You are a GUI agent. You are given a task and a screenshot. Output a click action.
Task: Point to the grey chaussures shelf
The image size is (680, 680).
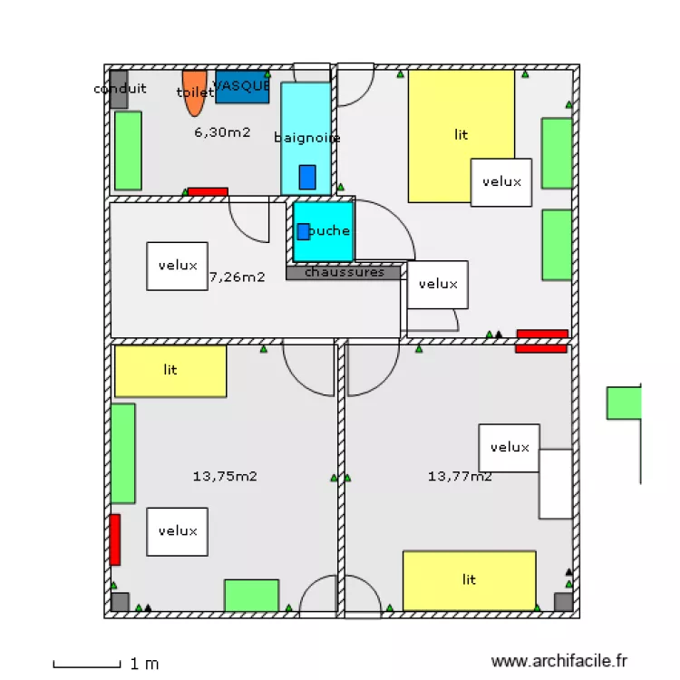[x=343, y=272]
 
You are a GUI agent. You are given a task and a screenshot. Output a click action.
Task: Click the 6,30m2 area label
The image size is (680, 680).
[x=222, y=132]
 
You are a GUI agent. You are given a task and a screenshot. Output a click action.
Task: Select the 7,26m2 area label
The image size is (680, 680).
[x=238, y=277]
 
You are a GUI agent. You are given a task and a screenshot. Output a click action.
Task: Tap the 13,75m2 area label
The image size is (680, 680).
[x=225, y=475]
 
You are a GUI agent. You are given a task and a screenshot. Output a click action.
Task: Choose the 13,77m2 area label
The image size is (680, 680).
[x=460, y=474]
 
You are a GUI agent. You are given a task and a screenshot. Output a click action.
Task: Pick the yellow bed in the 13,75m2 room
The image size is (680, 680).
[x=170, y=371]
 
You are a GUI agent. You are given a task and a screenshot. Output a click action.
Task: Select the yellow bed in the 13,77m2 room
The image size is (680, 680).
[x=469, y=580]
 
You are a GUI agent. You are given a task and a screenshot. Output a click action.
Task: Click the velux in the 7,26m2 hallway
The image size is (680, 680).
[x=177, y=266]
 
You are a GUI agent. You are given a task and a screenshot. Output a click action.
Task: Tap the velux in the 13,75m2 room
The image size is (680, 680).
[x=177, y=531]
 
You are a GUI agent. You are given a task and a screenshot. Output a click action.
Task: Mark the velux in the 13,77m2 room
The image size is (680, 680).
[x=509, y=447]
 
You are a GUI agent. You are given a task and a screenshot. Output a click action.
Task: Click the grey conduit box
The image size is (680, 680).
[x=118, y=89]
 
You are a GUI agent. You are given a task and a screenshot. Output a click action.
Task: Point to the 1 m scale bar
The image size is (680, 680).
[x=86, y=665]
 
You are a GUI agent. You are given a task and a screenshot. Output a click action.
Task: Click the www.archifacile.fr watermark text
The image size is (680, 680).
[x=559, y=663]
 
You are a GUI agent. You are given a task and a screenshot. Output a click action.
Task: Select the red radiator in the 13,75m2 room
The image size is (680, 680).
[x=115, y=539]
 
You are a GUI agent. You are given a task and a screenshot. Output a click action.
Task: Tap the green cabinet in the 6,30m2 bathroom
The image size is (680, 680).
[x=128, y=151]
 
